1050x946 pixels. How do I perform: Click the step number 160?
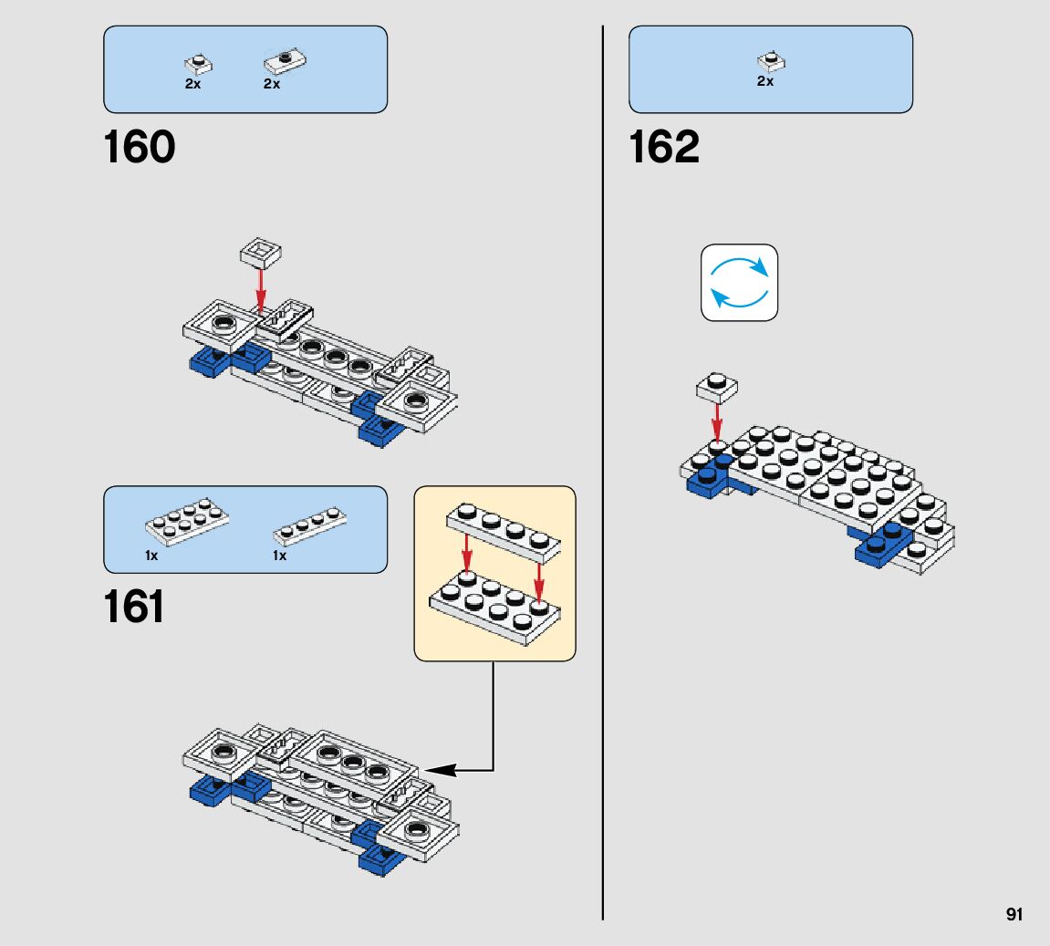point(140,147)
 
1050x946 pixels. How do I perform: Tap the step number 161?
point(134,608)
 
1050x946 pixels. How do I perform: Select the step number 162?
point(664,147)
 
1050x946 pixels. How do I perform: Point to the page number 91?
point(1014,915)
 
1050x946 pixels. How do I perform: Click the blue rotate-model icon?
point(739,283)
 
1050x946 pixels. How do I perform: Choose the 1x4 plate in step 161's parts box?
point(309,525)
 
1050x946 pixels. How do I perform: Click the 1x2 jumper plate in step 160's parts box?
point(286,61)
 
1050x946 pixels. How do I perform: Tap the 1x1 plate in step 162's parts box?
point(772,61)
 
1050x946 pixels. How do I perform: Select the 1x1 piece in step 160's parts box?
point(198,64)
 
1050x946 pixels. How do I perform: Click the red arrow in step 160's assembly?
point(261,291)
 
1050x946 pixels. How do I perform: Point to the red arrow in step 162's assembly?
point(717,421)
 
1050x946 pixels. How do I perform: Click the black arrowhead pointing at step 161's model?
point(440,770)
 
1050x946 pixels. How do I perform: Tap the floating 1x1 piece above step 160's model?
point(261,253)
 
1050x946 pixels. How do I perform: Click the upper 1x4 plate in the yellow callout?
point(504,532)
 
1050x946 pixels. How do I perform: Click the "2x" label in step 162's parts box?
point(765,81)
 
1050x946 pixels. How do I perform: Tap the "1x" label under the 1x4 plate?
point(279,556)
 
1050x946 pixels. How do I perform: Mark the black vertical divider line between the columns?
point(603,473)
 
